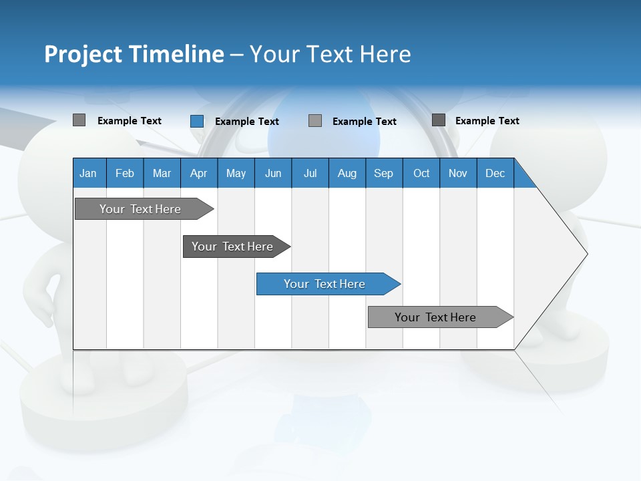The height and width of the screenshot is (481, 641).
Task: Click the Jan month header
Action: [x=89, y=174]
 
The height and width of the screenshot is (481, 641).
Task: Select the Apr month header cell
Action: [x=199, y=174]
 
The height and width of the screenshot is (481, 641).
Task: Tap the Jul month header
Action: [x=310, y=174]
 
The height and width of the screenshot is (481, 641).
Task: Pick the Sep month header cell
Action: [x=384, y=174]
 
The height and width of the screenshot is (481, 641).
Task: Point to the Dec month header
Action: [x=495, y=174]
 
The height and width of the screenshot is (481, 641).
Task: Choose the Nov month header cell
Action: [x=458, y=174]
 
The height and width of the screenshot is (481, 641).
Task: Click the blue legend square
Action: [x=196, y=121]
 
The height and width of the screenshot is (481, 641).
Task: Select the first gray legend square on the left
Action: [x=79, y=120]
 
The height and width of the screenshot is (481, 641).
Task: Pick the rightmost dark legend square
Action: [x=438, y=120]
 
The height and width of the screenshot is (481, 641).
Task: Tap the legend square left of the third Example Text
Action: [x=315, y=121]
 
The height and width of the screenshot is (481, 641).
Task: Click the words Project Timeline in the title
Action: [x=134, y=54]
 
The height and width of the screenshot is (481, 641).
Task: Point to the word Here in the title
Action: [x=385, y=54]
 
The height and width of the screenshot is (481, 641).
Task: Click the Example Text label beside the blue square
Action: [x=246, y=122]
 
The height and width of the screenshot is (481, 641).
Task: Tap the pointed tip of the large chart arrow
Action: [x=586, y=254]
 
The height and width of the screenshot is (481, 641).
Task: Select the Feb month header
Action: [x=125, y=174]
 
